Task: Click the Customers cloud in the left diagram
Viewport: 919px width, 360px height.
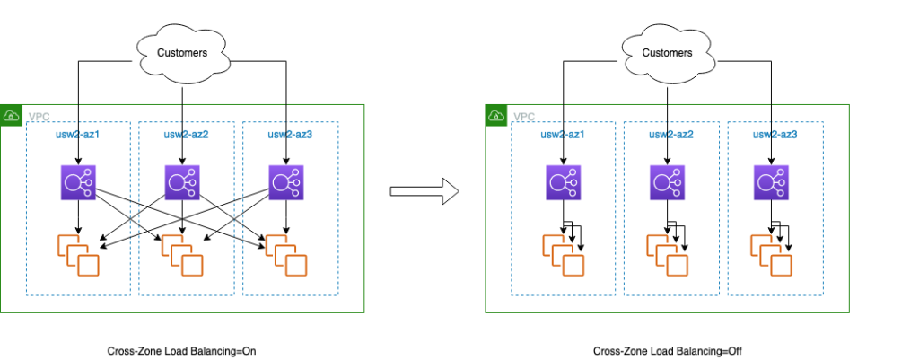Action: click(182, 52)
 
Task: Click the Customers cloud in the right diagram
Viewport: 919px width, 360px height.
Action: click(666, 52)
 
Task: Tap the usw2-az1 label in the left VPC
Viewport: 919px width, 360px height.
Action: click(79, 135)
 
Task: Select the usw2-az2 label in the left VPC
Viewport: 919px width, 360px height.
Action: click(186, 135)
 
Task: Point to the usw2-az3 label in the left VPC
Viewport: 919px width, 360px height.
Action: click(290, 135)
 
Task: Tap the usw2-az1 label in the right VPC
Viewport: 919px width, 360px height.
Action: click(563, 135)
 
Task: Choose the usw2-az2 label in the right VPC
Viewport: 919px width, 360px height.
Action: click(670, 135)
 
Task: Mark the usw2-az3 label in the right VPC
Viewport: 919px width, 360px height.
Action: click(775, 135)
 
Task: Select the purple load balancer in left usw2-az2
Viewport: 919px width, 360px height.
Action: click(183, 183)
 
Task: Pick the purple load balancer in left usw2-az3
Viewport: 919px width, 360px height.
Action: click(285, 183)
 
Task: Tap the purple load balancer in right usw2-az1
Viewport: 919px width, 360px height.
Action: click(563, 183)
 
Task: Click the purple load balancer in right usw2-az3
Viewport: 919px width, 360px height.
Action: click(771, 183)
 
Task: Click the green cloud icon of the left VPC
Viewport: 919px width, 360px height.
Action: click(12, 116)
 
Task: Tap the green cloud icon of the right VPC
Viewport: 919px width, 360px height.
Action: click(495, 116)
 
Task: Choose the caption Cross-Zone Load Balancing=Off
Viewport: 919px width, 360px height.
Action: click(668, 351)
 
